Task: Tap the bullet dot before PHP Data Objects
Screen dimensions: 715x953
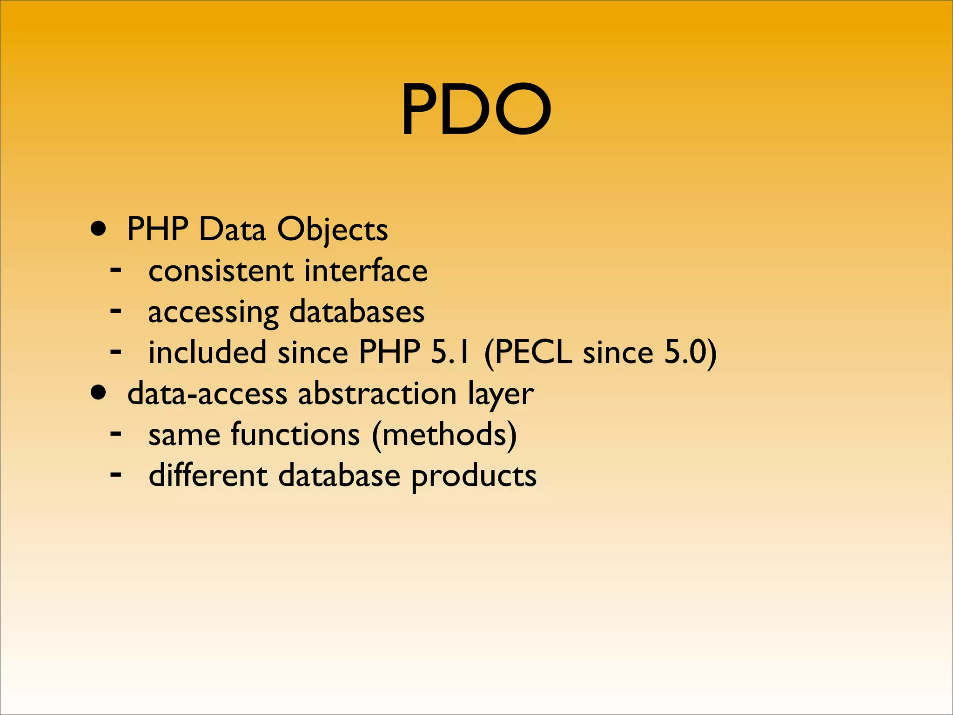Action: pos(98,229)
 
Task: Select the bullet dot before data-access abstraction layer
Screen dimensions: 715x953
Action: pos(98,393)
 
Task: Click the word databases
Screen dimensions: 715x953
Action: pos(357,312)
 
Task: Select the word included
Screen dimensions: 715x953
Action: pos(208,352)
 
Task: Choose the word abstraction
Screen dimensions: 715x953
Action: pos(377,394)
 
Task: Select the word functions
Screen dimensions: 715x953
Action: pos(295,435)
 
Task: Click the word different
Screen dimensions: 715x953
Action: pos(208,476)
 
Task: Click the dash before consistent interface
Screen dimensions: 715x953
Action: pos(116,270)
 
